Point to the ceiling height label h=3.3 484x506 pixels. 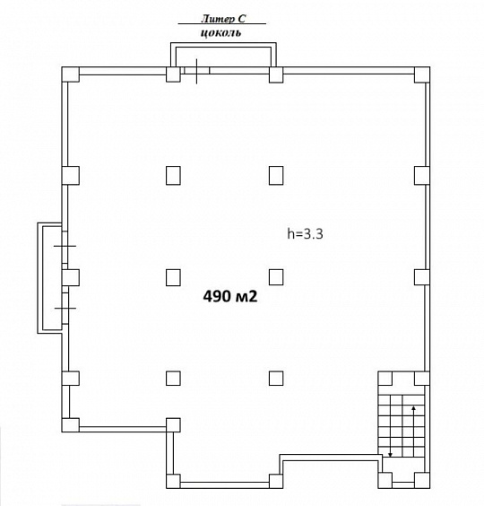[x=304, y=234]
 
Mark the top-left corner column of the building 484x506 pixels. [x=70, y=74]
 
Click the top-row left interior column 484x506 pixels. [x=173, y=174]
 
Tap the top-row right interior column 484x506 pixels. [x=276, y=174]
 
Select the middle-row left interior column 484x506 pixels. [x=173, y=275]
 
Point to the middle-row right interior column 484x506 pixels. [x=276, y=275]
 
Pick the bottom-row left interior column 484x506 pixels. [x=173, y=379]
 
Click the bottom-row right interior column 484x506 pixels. [x=276, y=379]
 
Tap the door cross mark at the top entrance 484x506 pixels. [x=196, y=70]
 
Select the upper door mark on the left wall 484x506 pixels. [x=65, y=245]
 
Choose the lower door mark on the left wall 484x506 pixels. [x=65, y=308]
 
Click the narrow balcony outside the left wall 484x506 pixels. [x=45, y=277]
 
